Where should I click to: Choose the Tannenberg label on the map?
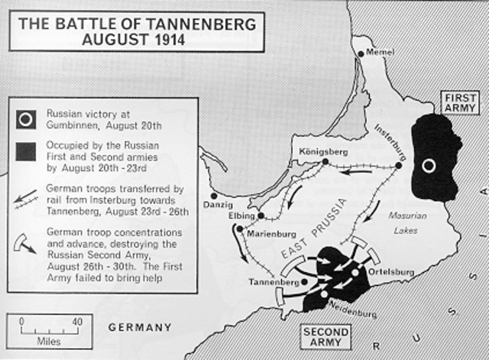[273, 282]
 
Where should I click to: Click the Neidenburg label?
[351, 313]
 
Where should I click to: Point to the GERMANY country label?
[140, 327]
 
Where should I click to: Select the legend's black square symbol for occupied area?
[27, 151]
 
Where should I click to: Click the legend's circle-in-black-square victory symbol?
[27, 118]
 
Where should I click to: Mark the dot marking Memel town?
[362, 54]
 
